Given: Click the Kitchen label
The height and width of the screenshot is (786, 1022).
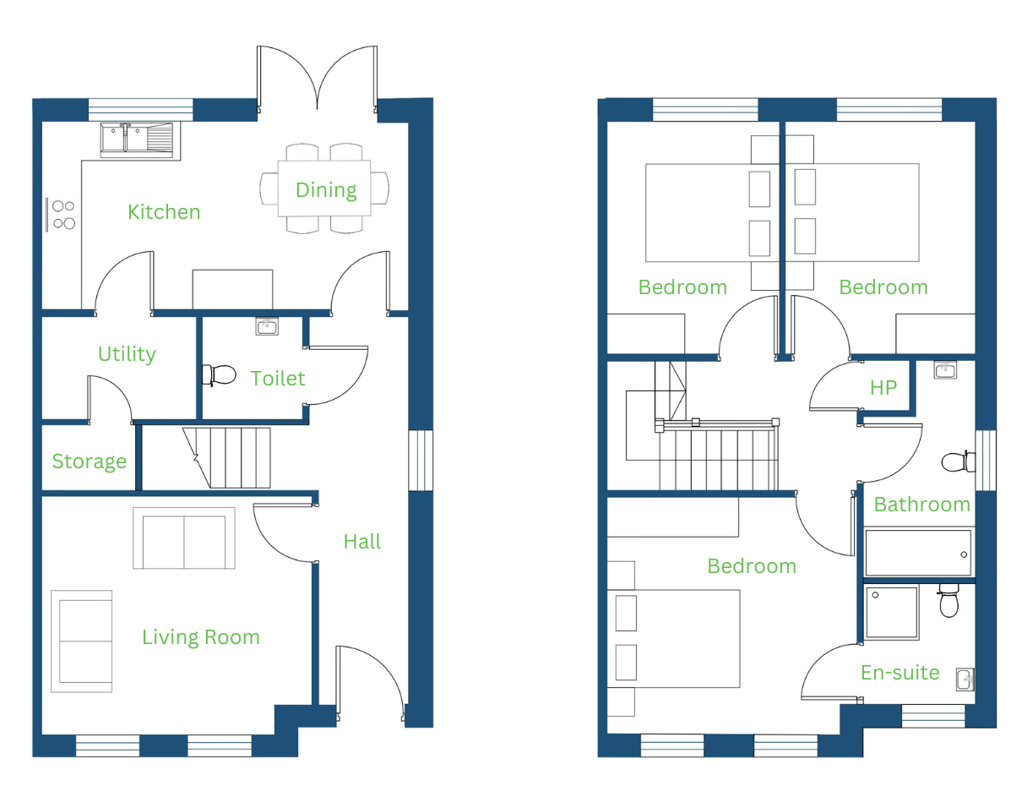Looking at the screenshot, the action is tap(164, 212).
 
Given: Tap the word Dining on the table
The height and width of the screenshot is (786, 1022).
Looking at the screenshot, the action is tap(326, 190).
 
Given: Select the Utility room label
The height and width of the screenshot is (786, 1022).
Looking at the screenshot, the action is tap(127, 354).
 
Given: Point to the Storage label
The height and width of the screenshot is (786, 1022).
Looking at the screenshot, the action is tap(90, 461).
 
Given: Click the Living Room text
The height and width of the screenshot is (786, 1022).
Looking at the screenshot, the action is tap(201, 638).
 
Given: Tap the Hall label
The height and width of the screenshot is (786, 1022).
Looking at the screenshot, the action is tap(362, 542).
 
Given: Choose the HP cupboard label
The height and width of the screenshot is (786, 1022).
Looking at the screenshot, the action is tap(883, 388).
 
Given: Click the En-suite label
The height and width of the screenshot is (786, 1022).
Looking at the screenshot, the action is tap(900, 673).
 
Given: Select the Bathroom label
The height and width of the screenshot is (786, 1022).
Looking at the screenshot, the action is tap(921, 505).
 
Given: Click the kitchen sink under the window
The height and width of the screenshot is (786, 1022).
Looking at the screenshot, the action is tap(136, 138).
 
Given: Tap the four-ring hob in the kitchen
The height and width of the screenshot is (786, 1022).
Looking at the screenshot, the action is tap(61, 215).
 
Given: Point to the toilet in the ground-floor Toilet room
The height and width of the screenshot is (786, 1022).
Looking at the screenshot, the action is tap(219, 375).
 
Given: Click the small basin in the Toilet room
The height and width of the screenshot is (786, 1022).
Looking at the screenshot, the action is tap(267, 326).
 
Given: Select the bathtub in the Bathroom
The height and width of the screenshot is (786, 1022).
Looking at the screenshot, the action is tap(918, 554).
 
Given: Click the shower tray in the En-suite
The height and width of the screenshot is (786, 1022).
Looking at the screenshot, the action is tap(892, 613).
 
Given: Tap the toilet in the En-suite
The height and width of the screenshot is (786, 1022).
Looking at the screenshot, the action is tap(949, 601).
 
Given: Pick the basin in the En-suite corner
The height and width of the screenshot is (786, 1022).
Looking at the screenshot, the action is tap(965, 680).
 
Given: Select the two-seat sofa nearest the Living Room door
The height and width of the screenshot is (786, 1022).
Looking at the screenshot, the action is tap(184, 538).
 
